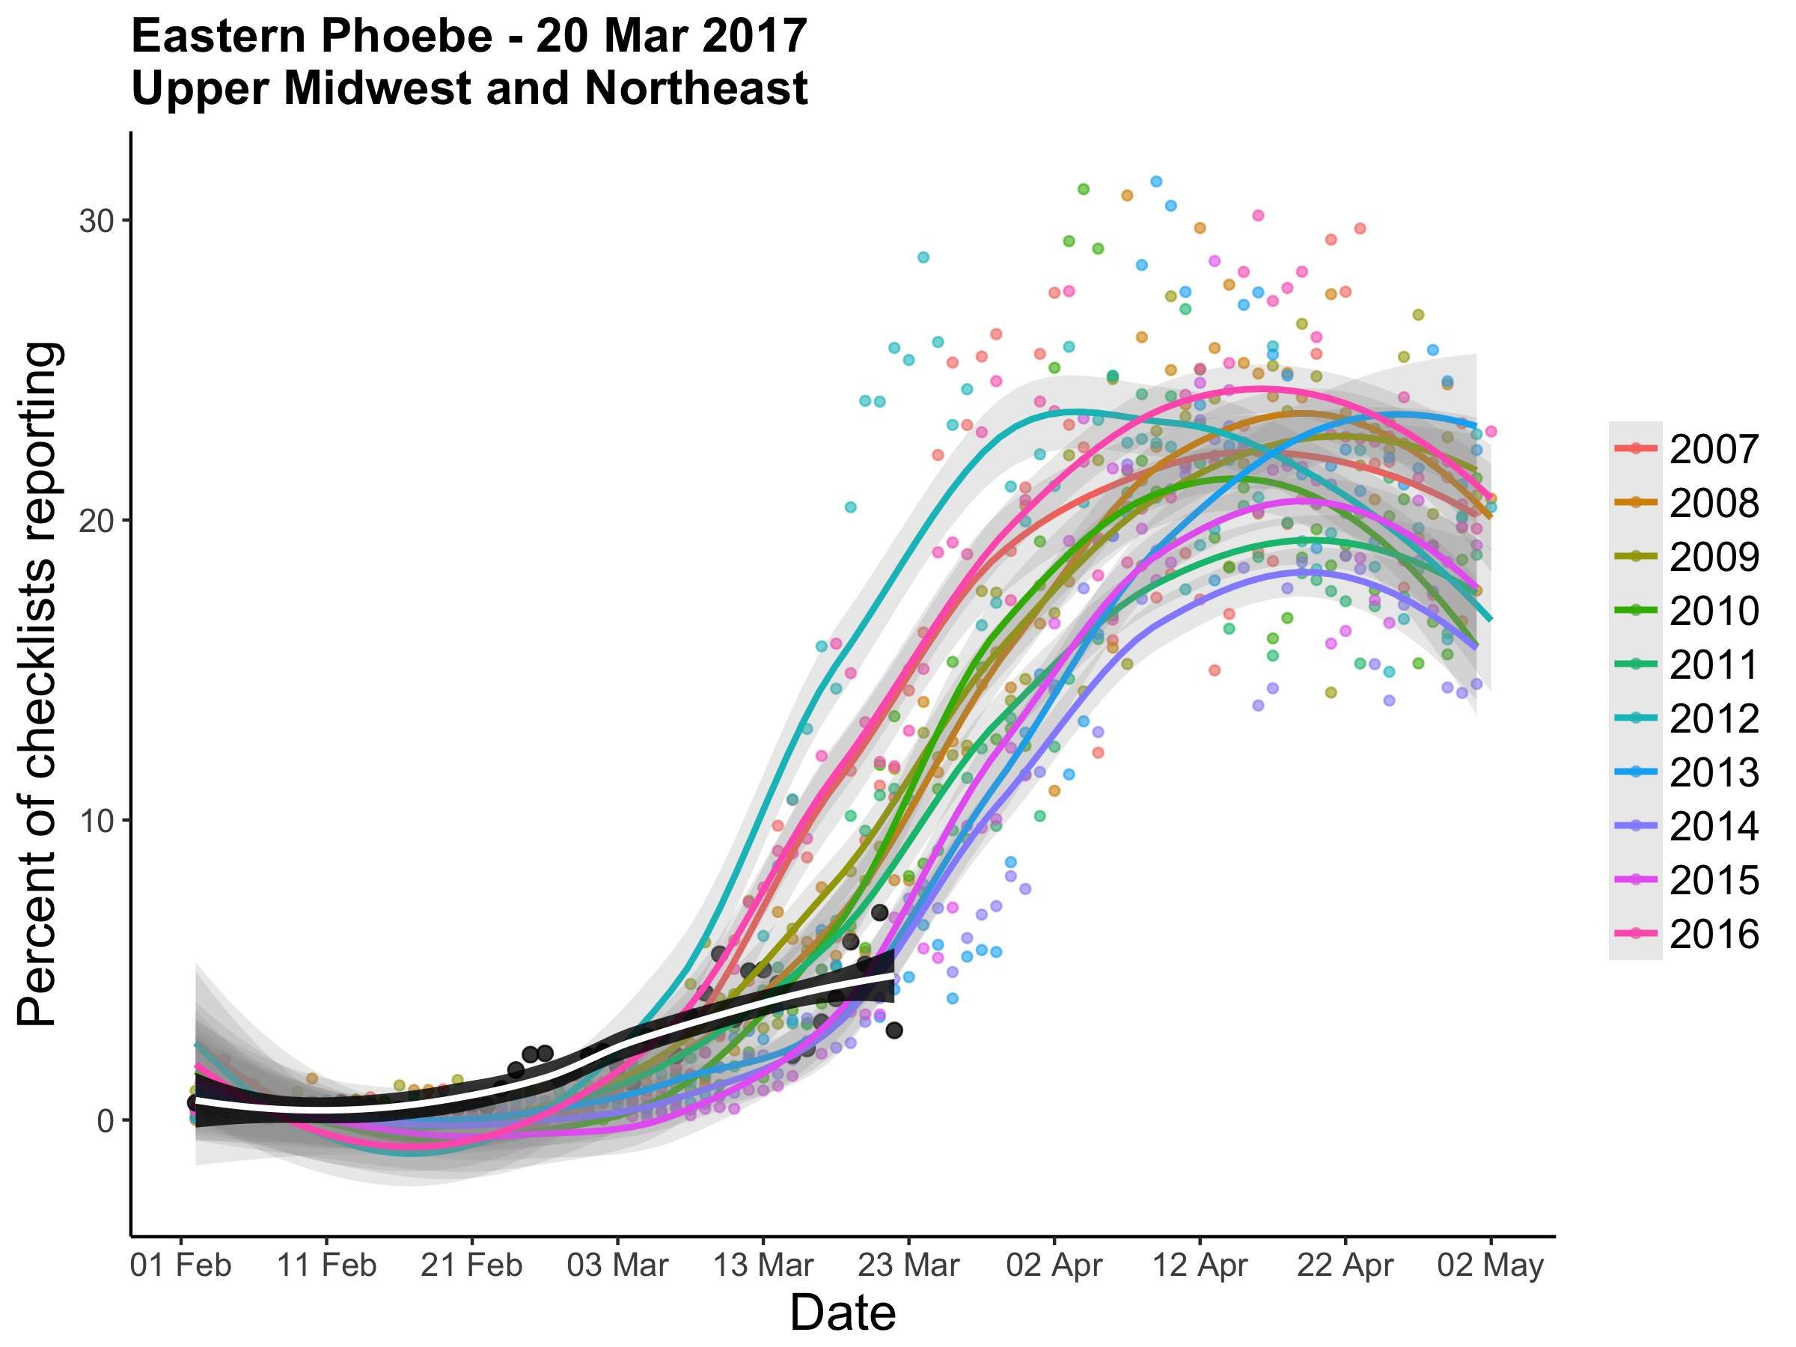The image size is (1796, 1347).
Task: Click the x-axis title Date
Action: [843, 1313]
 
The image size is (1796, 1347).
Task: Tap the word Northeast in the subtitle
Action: [696, 88]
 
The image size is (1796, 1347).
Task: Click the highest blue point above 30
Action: [1156, 181]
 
